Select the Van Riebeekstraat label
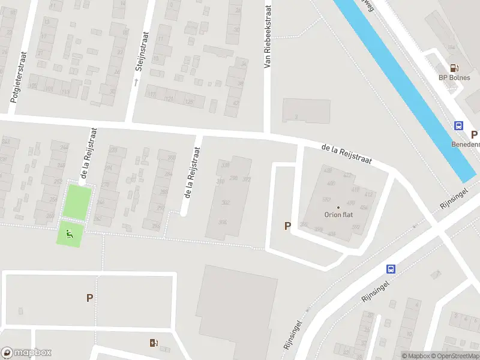[x=268, y=37]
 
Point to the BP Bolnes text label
[x=454, y=78]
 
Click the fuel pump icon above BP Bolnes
[x=454, y=68]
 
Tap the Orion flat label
[x=337, y=215]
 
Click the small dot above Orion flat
[x=337, y=208]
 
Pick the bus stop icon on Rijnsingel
[x=391, y=269]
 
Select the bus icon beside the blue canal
[x=458, y=126]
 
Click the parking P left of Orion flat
[x=287, y=226]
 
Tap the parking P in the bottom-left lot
[x=89, y=297]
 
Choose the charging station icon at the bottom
[x=154, y=343]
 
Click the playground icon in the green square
[x=69, y=234]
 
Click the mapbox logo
[x=26, y=353]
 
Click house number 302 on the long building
[x=226, y=203]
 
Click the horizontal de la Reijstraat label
[x=346, y=154]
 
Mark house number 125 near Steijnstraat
[x=189, y=102]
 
